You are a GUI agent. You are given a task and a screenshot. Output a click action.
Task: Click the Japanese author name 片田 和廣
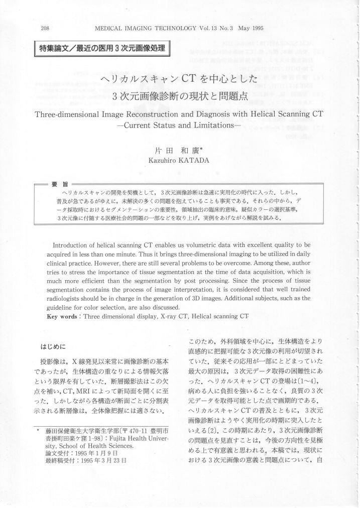179,150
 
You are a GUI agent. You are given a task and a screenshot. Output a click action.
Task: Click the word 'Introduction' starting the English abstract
74,244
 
